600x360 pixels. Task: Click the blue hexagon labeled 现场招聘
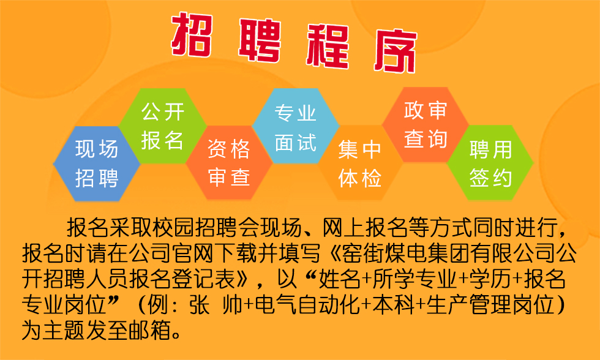[x=97, y=163]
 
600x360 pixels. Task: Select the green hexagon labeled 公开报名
[x=163, y=126]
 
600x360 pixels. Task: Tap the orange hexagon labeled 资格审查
[x=229, y=163]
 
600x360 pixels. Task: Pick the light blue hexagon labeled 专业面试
[x=295, y=126]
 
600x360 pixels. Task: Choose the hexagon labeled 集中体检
[x=360, y=163]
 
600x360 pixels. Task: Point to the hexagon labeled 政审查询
[x=426, y=125]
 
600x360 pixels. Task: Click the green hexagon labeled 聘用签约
[x=490, y=163]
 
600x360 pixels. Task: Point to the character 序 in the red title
[x=396, y=50]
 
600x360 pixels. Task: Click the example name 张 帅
[x=216, y=306]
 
